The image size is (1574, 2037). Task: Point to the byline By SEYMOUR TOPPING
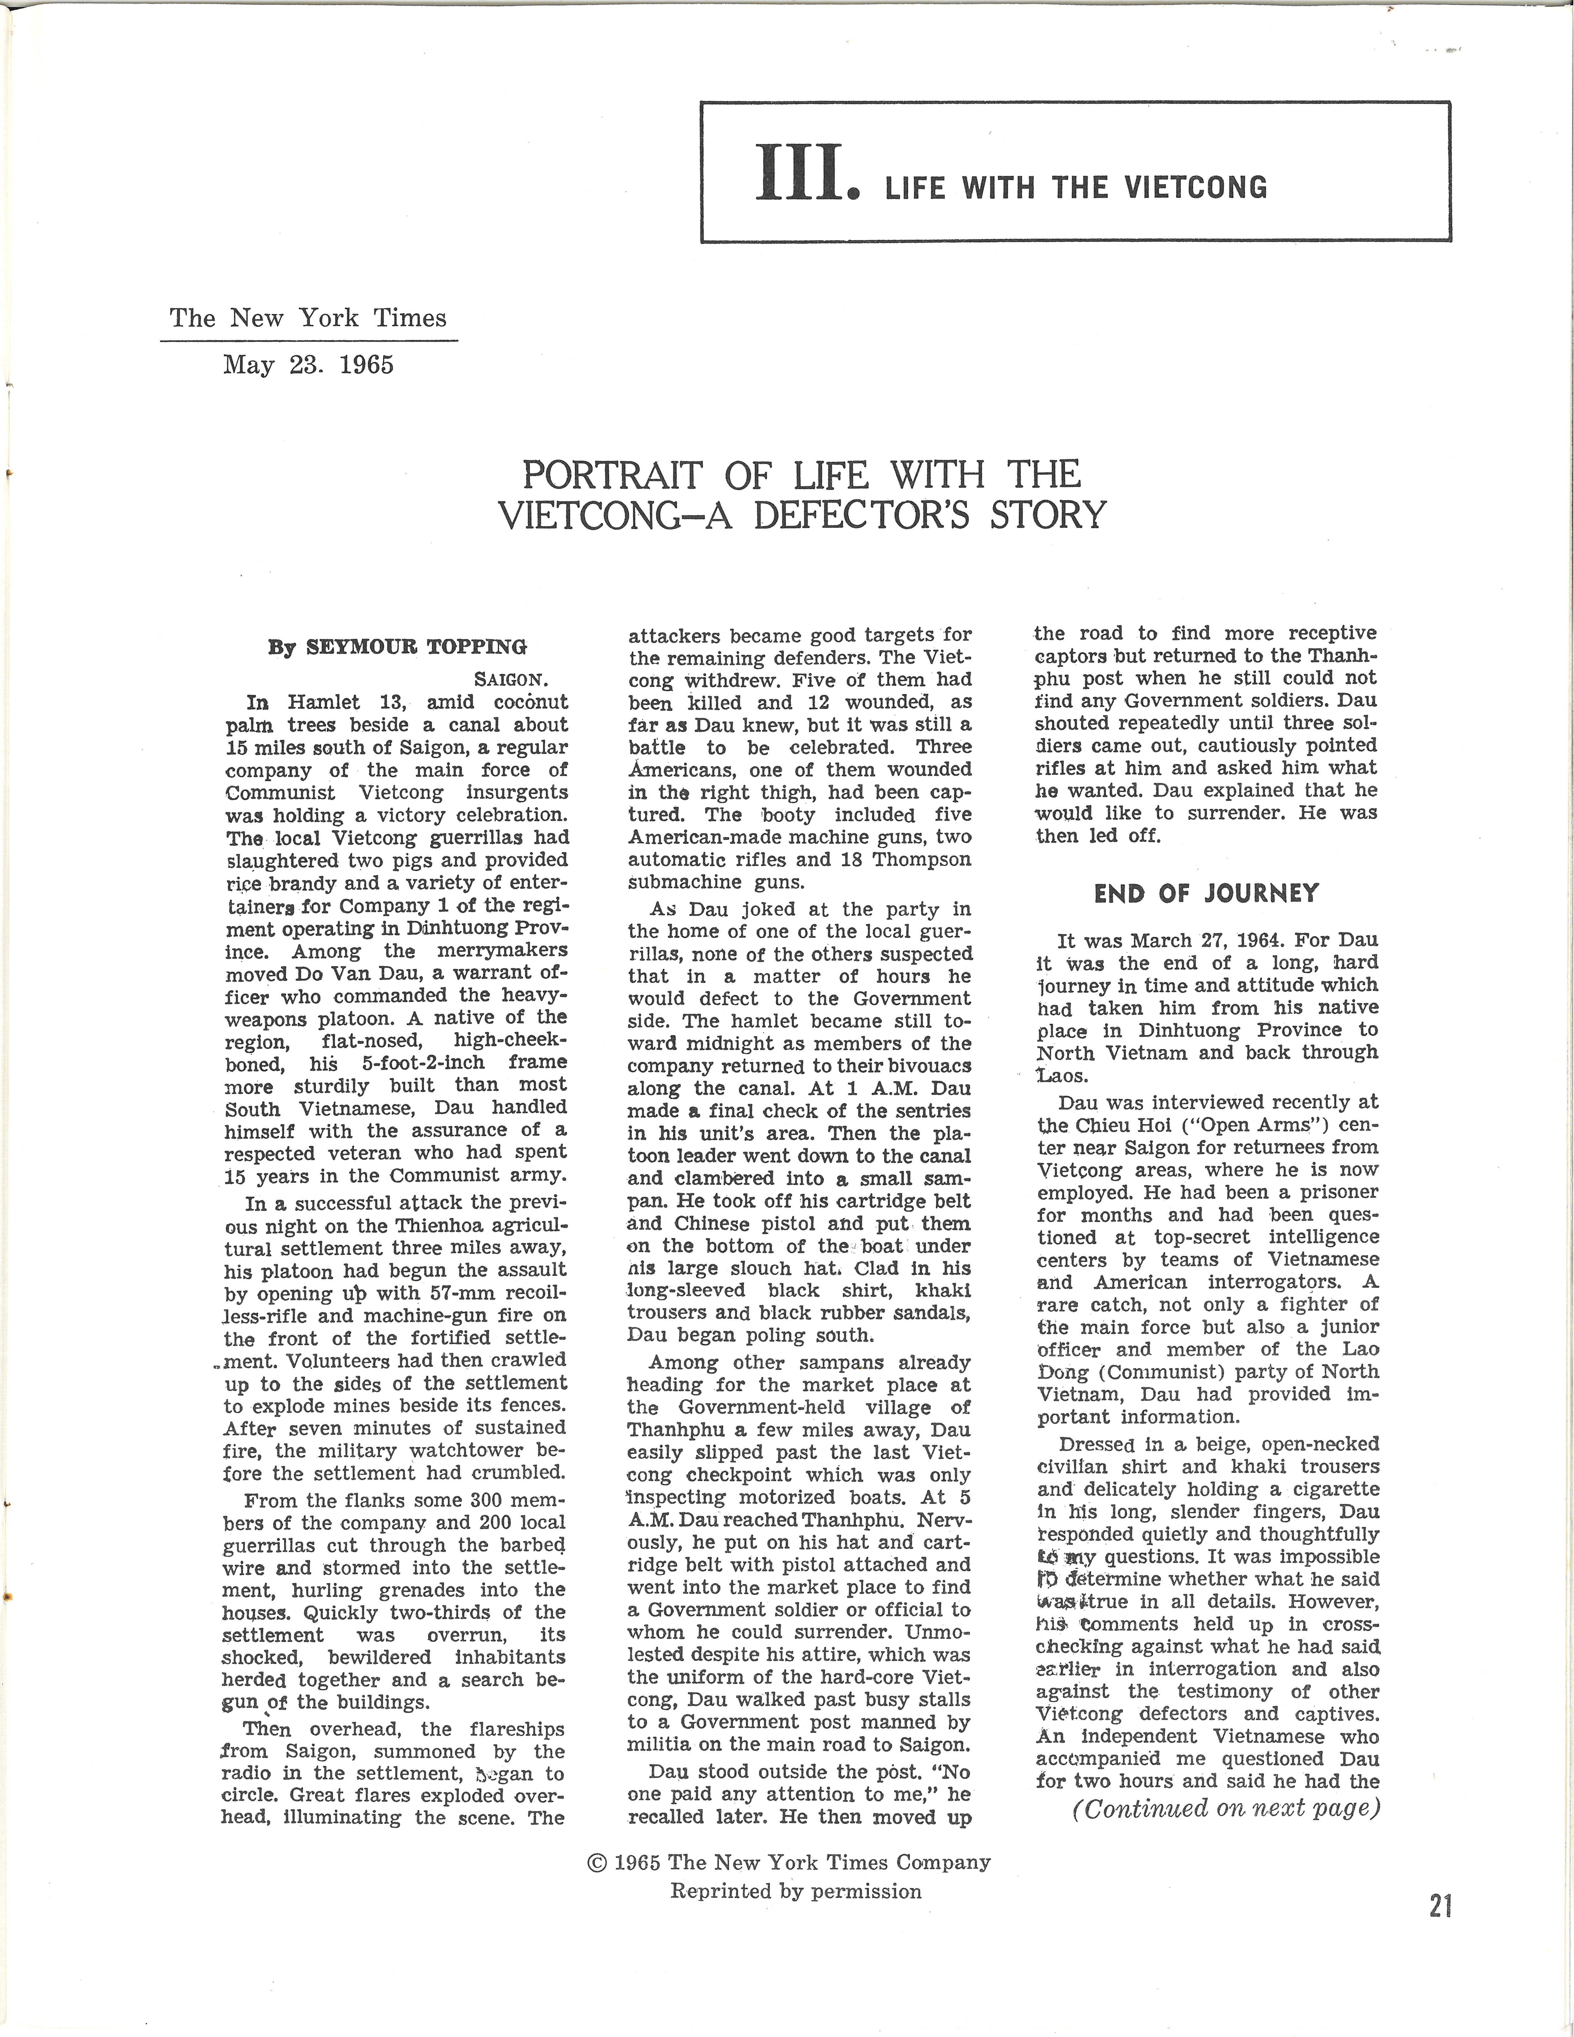397,646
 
